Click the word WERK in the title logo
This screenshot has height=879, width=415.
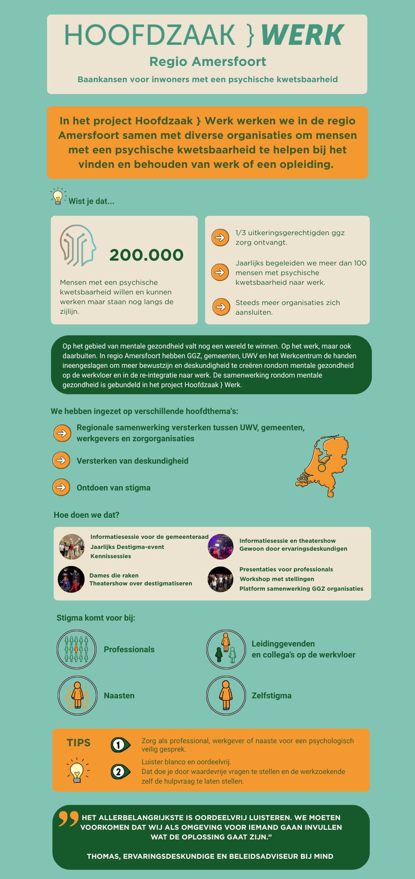coord(303,35)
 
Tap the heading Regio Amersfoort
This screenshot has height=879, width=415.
coord(208,62)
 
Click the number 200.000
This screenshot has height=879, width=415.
coord(146,255)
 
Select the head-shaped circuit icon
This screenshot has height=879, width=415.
coord(78,245)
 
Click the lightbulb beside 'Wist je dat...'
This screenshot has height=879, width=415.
coord(58,196)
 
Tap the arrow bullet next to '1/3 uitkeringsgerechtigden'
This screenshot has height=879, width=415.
coord(220,237)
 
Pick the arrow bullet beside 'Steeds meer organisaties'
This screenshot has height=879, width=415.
coord(221,307)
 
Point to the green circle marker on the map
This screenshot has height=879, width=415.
coord(322,468)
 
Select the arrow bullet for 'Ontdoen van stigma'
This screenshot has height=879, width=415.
coord(62,487)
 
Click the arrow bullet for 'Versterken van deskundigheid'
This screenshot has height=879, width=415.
coord(62,460)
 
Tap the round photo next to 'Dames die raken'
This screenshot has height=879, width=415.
coord(71,579)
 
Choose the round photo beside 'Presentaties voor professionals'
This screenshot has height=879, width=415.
coord(220,579)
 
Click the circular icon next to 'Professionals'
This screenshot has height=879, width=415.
coord(77,649)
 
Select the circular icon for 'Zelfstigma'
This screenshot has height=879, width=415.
coord(226,695)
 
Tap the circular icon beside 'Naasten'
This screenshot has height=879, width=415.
coord(77,695)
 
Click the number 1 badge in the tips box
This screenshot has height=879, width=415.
coord(119,745)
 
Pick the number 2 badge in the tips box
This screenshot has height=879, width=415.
coord(119,771)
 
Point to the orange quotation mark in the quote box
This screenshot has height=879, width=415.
coord(68,818)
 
